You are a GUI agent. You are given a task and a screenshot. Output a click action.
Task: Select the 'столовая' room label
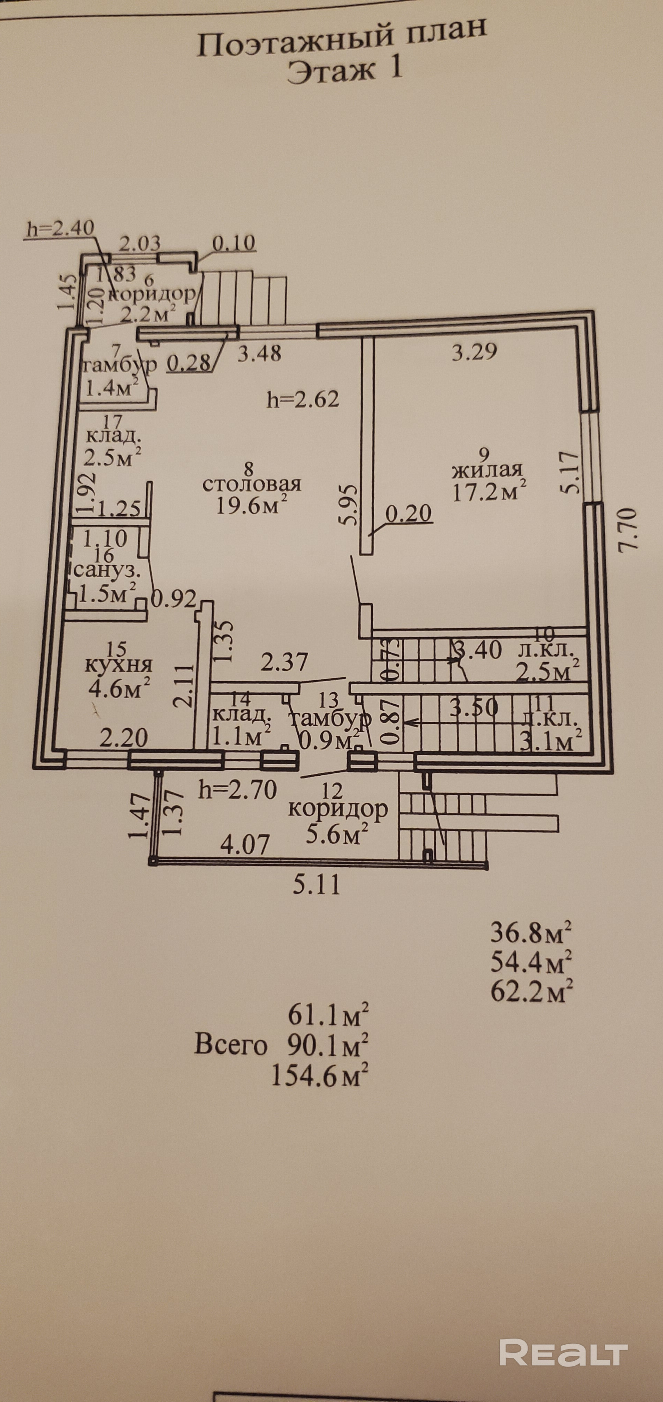(x=252, y=484)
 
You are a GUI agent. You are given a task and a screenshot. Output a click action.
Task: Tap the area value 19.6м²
(x=252, y=505)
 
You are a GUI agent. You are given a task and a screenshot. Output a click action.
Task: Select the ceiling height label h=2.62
(x=303, y=400)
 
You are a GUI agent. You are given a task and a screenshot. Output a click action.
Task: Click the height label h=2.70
(x=238, y=789)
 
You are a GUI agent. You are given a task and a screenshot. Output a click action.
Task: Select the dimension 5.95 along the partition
(x=349, y=505)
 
